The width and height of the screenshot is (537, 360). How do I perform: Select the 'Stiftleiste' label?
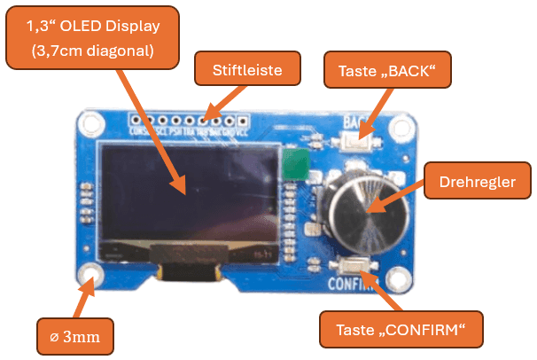click(x=247, y=69)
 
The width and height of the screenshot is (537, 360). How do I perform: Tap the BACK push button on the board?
click(x=357, y=140)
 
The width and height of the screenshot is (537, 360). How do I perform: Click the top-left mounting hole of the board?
click(x=89, y=123)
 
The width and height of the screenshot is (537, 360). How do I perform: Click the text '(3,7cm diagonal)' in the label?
click(x=93, y=51)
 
